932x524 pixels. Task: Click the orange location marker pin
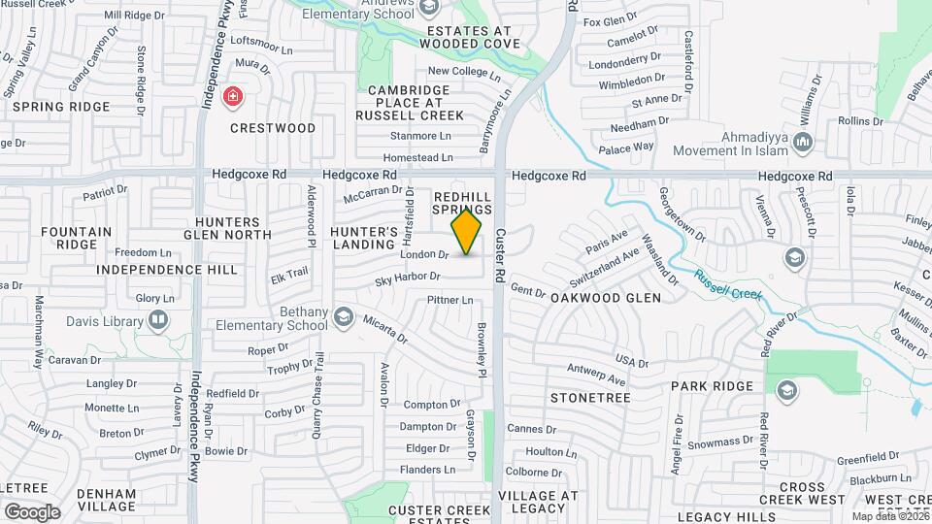click(467, 232)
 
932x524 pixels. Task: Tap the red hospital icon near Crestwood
click(232, 96)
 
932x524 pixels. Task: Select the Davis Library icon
click(157, 321)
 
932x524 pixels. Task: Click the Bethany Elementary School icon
click(342, 317)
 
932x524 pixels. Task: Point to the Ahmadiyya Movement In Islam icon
click(802, 144)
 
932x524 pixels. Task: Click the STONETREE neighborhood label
click(590, 398)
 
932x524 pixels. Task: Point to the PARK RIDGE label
click(712, 386)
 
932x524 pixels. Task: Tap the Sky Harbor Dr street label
click(409, 279)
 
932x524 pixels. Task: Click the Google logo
click(32, 511)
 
